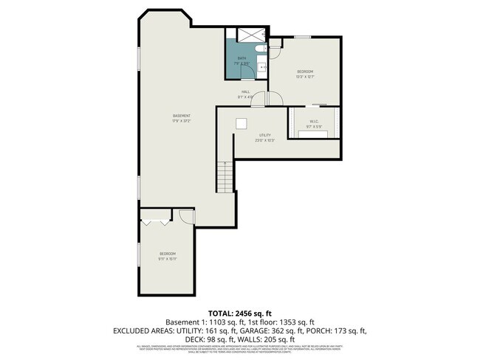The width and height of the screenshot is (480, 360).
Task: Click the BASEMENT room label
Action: tap(182, 116)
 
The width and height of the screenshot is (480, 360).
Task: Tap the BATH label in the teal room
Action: tap(241, 58)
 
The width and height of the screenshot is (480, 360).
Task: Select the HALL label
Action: tap(245, 92)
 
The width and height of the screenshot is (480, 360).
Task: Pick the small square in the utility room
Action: tap(241, 123)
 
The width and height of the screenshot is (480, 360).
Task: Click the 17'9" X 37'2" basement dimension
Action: tap(182, 121)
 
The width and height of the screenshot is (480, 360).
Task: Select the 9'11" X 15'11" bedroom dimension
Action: tap(167, 259)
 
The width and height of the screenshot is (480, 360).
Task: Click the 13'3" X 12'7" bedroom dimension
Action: tap(305, 77)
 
